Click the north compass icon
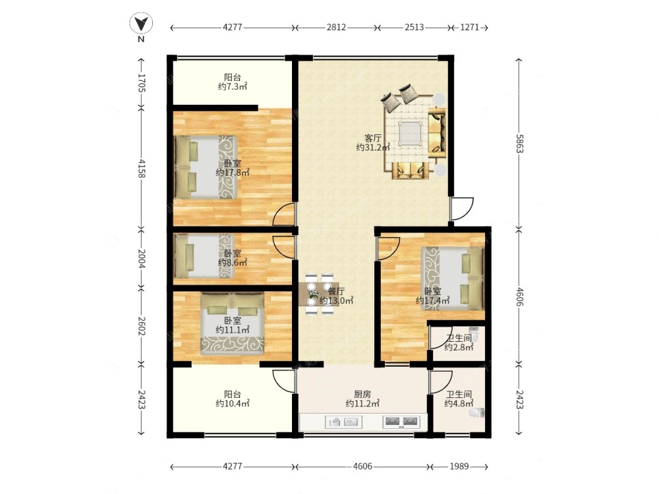pyautogui.click(x=141, y=23)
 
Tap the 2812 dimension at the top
pyautogui.click(x=336, y=27)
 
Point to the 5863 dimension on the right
pyautogui.click(x=519, y=144)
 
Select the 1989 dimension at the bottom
pyautogui.click(x=459, y=466)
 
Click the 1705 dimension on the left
pyautogui.click(x=141, y=83)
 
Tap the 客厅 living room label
pyautogui.click(x=373, y=138)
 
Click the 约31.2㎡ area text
pyautogui.click(x=373, y=148)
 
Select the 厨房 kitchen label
pyautogui.click(x=362, y=395)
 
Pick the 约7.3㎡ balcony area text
pyautogui.click(x=233, y=86)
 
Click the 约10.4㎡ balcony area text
pyautogui.click(x=233, y=404)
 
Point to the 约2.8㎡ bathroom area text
pyautogui.click(x=459, y=347)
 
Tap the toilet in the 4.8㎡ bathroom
pyautogui.click(x=477, y=414)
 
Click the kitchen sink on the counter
pyautogui.click(x=344, y=422)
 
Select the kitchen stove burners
pyautogui.click(x=401, y=422)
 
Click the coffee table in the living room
pyautogui.click(x=409, y=134)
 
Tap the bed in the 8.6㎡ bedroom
pyautogui.click(x=203, y=256)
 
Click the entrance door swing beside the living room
pyautogui.click(x=462, y=209)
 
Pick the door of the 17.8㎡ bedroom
pyautogui.click(x=283, y=214)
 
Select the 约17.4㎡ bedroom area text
pyautogui.click(x=432, y=300)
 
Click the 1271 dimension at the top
pyautogui.click(x=469, y=27)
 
